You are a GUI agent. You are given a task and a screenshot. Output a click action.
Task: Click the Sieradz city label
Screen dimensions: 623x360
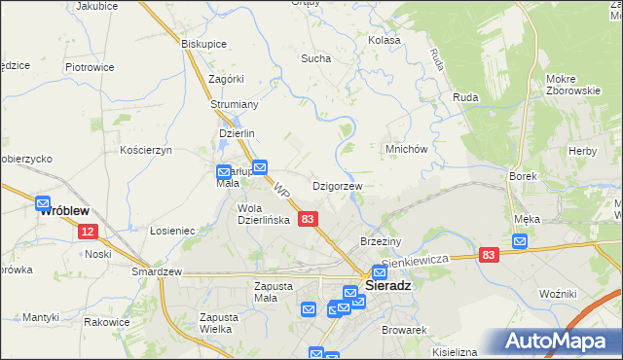pos(390,288)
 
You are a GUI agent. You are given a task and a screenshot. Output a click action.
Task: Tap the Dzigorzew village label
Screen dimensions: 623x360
pos(337,186)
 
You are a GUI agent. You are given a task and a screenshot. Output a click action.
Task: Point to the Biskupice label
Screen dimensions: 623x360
pos(203,44)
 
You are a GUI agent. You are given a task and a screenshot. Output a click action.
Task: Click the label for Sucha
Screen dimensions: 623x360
pos(315,58)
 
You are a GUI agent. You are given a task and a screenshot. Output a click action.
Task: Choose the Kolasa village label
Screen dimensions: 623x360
pos(384,41)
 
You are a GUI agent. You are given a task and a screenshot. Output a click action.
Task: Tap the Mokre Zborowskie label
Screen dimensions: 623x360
pos(572,85)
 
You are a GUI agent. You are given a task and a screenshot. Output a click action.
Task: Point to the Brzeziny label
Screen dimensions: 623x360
pos(381,240)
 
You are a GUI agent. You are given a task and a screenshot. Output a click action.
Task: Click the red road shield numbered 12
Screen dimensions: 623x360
pos(88,232)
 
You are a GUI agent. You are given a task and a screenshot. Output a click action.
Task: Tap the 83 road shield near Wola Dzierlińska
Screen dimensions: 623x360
pos(308,221)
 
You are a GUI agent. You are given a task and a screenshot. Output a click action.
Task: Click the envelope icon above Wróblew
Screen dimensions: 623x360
pos(43,204)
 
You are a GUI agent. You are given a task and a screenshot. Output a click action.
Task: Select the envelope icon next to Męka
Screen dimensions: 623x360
pos(521,241)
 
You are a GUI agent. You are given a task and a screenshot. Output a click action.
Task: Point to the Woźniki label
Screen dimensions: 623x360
pos(561,293)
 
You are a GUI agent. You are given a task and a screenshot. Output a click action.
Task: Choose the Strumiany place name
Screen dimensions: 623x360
pos(234,104)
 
